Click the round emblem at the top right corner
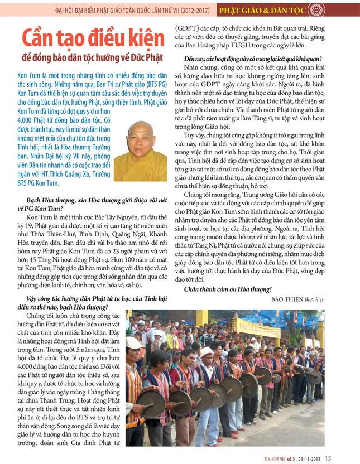pyautogui.click(x=351, y=9)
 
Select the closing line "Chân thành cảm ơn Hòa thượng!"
pyautogui.click(x=228, y=288)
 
